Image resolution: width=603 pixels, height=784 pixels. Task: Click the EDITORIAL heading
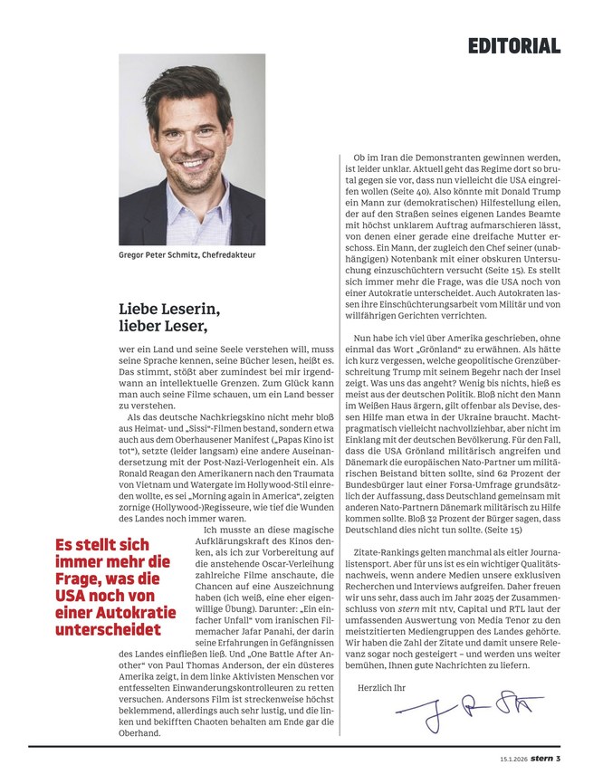513,45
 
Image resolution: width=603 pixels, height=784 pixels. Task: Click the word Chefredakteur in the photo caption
226,255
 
